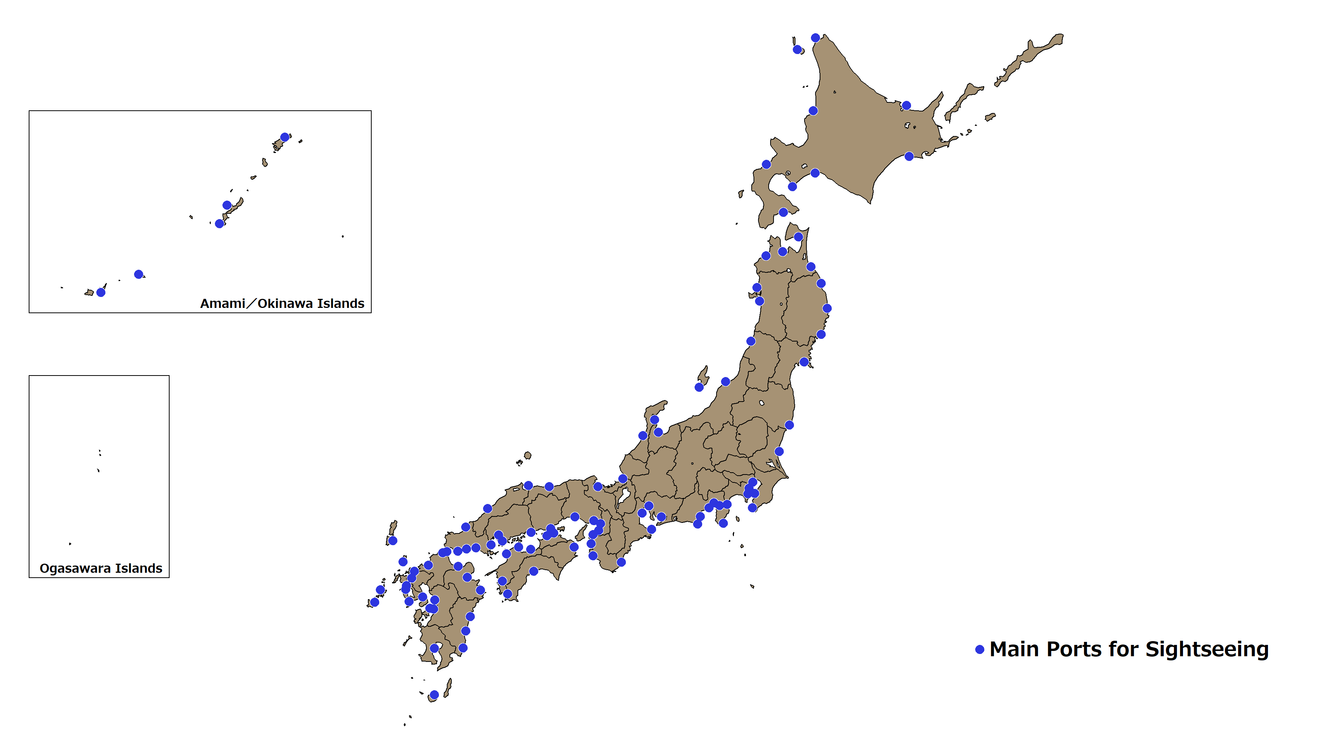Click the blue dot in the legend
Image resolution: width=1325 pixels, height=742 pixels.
pos(979,649)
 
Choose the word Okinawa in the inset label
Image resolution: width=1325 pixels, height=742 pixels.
pos(285,304)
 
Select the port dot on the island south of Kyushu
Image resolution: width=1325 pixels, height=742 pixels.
pos(434,695)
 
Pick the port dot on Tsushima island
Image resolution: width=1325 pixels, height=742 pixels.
pos(392,540)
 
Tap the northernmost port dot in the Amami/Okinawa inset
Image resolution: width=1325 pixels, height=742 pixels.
pos(284,137)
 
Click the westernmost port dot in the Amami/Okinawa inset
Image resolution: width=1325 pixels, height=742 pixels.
pos(101,292)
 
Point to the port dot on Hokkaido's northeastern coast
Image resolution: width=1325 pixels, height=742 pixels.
pos(906,105)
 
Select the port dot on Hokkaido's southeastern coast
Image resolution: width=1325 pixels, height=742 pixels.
pos(909,156)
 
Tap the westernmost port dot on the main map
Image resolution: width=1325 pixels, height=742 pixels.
pos(374,602)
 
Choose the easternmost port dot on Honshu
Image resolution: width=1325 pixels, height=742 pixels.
pos(826,308)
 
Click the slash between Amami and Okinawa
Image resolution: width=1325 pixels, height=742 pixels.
pos(251,304)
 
